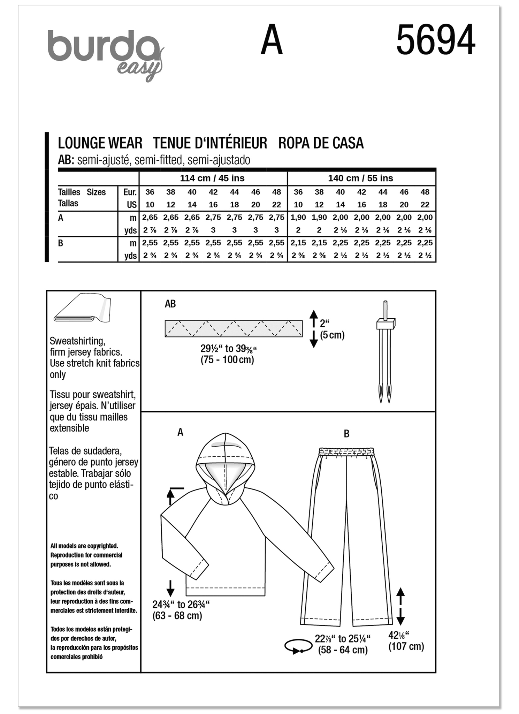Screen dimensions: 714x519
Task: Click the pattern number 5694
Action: click(x=435, y=40)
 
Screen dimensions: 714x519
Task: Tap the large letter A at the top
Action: click(x=271, y=40)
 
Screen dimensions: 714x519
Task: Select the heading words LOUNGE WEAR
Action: click(x=100, y=143)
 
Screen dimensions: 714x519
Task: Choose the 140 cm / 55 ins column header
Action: click(x=360, y=178)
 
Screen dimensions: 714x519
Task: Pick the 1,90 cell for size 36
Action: click(x=298, y=217)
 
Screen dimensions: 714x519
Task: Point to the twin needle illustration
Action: click(x=385, y=352)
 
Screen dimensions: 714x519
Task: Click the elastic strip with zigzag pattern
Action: click(x=234, y=328)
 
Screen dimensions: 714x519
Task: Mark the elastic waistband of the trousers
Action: click(x=346, y=451)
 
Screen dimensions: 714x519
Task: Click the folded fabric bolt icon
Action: click(x=82, y=308)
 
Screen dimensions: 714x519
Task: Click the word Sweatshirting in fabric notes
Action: click(x=77, y=341)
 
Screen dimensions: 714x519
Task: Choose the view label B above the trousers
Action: click(x=346, y=434)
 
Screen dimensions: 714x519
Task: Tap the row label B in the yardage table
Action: click(x=61, y=243)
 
